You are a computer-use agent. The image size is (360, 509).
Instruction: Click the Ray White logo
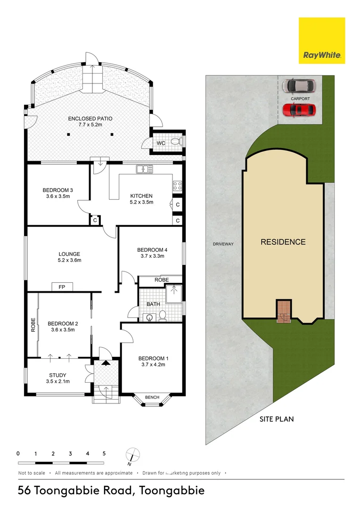pos(322,41)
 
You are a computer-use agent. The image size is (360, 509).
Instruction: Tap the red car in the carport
pos(299,110)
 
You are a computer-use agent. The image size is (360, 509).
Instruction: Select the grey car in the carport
pos(299,86)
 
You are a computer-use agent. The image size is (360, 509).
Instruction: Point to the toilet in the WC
pos(175,141)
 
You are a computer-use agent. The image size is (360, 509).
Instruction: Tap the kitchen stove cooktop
pos(177,185)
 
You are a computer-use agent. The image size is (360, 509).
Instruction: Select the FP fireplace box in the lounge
pos(62,287)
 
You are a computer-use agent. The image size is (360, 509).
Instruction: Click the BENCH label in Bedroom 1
pos(152,397)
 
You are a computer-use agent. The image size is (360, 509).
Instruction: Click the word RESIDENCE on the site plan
pos(283,242)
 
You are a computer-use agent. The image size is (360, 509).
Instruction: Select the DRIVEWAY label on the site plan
pos(223,244)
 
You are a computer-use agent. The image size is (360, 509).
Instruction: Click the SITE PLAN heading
pos(277,419)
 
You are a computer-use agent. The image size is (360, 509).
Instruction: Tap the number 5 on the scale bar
pos(104,453)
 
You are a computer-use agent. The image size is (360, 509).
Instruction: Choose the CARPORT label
pos(300,99)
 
